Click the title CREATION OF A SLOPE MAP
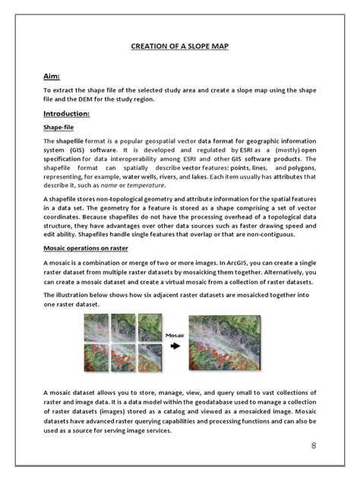[180, 46]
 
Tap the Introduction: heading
[67, 114]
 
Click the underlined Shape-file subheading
[58, 128]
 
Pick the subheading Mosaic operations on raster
[85, 248]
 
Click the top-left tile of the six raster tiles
[95, 327]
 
